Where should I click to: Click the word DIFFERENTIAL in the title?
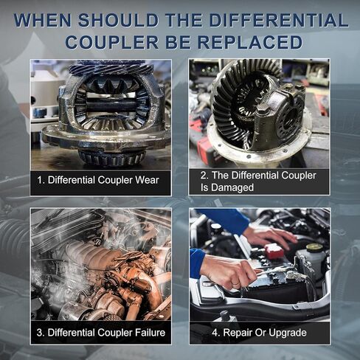click(x=279, y=20)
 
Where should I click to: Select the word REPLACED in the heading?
click(x=250, y=42)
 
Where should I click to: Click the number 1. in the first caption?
click(x=41, y=180)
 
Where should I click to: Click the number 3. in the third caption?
click(x=41, y=333)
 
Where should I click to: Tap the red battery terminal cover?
click(x=274, y=251)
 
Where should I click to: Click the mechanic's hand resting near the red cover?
click(x=271, y=235)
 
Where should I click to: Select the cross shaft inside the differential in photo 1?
click(x=111, y=106)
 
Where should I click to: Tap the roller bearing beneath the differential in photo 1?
click(x=112, y=158)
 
